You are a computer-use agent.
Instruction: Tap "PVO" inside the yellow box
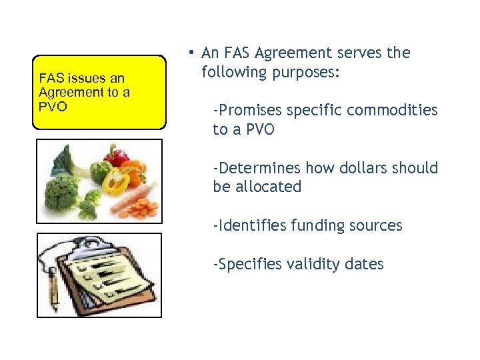pos(53,105)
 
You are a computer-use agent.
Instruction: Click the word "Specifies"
pos(249,264)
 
